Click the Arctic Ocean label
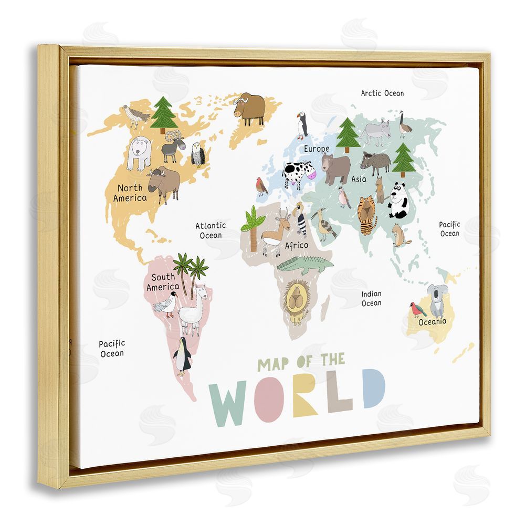[x=382, y=93]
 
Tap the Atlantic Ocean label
[x=211, y=230]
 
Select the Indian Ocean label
[x=371, y=298]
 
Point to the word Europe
[x=317, y=149]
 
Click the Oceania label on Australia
[x=432, y=321]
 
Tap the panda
[x=399, y=201]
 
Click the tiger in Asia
[x=367, y=214]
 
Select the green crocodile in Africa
[x=304, y=264]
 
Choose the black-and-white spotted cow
[x=298, y=174]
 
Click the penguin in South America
[x=183, y=356]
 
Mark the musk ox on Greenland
[x=249, y=108]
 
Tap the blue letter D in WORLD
[x=374, y=388]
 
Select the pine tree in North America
[x=164, y=114]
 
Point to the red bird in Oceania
[x=418, y=309]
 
